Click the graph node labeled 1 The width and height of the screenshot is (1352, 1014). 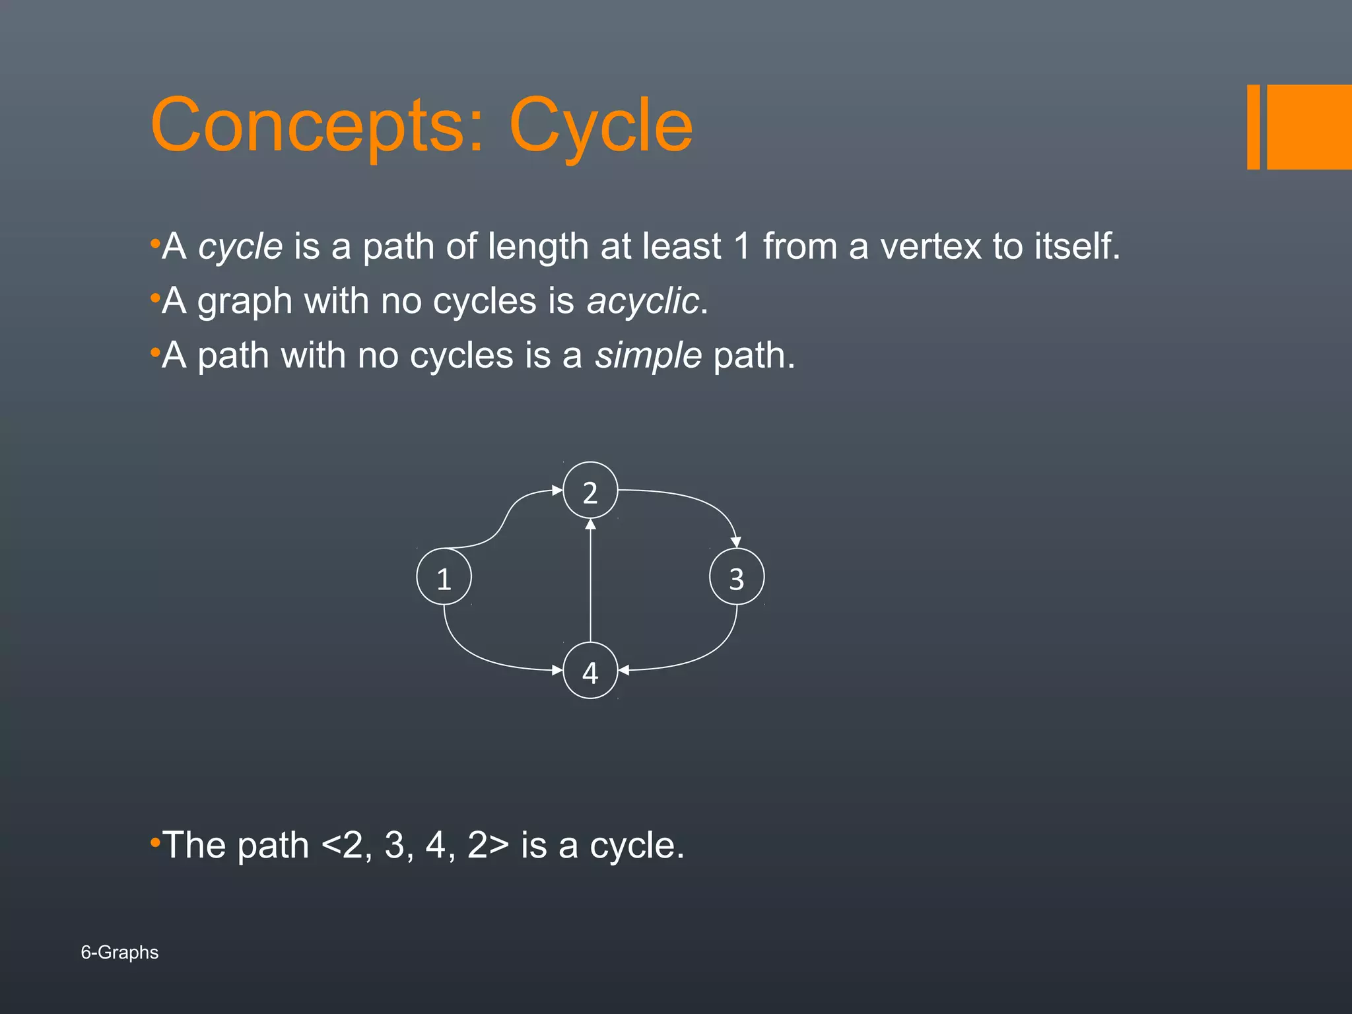[444, 577]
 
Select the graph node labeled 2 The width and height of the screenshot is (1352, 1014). [590, 490]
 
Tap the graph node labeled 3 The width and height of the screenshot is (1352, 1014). [737, 577]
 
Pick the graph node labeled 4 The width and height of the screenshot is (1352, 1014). [590, 671]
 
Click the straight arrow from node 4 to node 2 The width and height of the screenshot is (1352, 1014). [590, 581]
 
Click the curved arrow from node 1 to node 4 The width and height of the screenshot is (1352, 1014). [475, 654]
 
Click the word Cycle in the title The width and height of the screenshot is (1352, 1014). [601, 125]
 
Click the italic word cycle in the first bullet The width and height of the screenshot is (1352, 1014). [240, 247]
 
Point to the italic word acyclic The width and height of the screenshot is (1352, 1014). [642, 302]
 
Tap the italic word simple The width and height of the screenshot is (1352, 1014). [648, 356]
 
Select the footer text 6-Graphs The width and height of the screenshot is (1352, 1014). [119, 952]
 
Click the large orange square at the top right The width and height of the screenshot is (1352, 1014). [1309, 127]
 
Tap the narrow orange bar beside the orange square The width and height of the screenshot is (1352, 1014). [1253, 127]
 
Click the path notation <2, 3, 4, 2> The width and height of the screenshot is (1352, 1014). [415, 845]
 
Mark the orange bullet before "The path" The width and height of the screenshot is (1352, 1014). [155, 842]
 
